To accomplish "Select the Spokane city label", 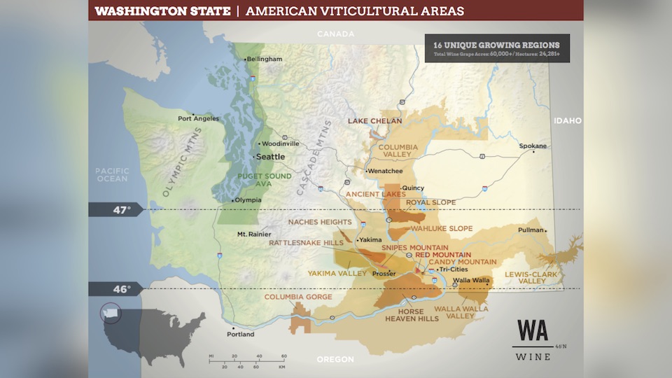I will pos(533,146).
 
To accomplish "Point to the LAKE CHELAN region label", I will pos(375,121).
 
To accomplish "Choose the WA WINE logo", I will pos(533,339).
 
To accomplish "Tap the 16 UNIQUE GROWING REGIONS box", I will pos(496,48).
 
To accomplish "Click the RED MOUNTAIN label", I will pos(443,255).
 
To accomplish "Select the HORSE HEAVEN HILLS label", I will pos(412,314).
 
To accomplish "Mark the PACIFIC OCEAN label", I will pos(112,174).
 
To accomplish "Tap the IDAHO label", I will pos(568,120).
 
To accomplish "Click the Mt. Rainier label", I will pos(253,234).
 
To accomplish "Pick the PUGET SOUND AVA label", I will pos(264,180).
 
